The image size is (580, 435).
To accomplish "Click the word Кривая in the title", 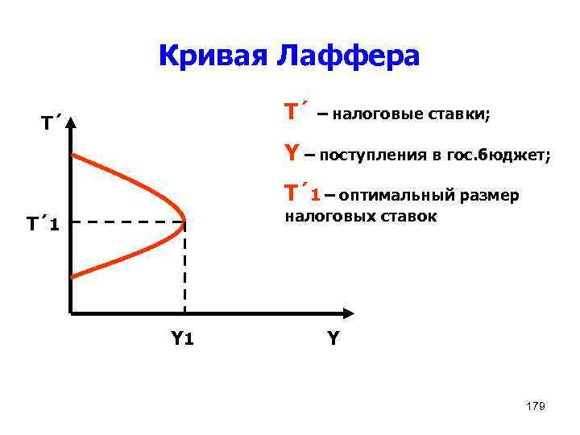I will (212, 56).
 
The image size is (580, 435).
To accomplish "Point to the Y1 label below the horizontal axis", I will (181, 338).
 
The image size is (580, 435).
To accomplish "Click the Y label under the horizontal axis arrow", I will (332, 338).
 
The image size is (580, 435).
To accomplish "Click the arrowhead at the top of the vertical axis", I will (71, 123).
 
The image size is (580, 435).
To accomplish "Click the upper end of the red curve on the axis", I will (72, 155).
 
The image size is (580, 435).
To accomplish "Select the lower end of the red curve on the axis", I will (72, 276).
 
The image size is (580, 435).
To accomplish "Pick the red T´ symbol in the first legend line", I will (292, 112).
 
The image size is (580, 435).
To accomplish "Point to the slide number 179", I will (535, 406).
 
